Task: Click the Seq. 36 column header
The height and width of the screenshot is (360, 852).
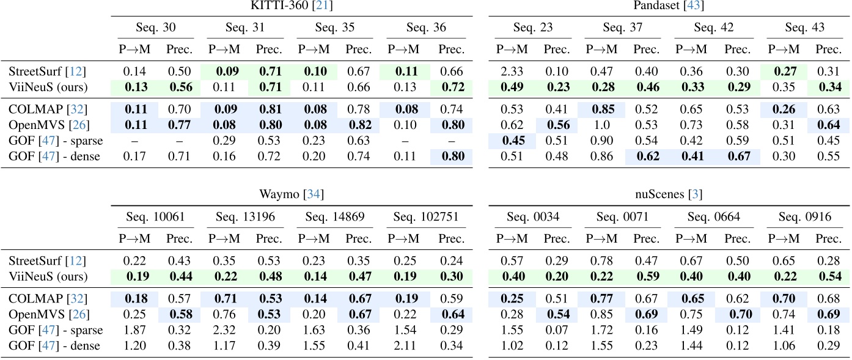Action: click(426, 28)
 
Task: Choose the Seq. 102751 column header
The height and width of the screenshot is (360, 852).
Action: click(426, 216)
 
